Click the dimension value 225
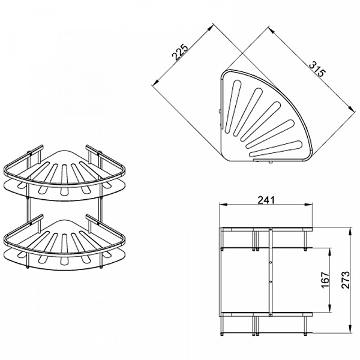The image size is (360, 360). click(x=181, y=52)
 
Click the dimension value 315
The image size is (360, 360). click(x=317, y=69)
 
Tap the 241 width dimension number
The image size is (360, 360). click(x=266, y=200)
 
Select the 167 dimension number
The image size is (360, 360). click(x=325, y=280)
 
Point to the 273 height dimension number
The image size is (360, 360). click(x=346, y=280)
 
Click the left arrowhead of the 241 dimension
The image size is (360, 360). click(x=223, y=205)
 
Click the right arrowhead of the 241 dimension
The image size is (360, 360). click(x=308, y=205)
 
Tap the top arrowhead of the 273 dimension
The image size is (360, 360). click(x=350, y=231)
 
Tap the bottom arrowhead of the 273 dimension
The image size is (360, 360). click(x=350, y=329)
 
